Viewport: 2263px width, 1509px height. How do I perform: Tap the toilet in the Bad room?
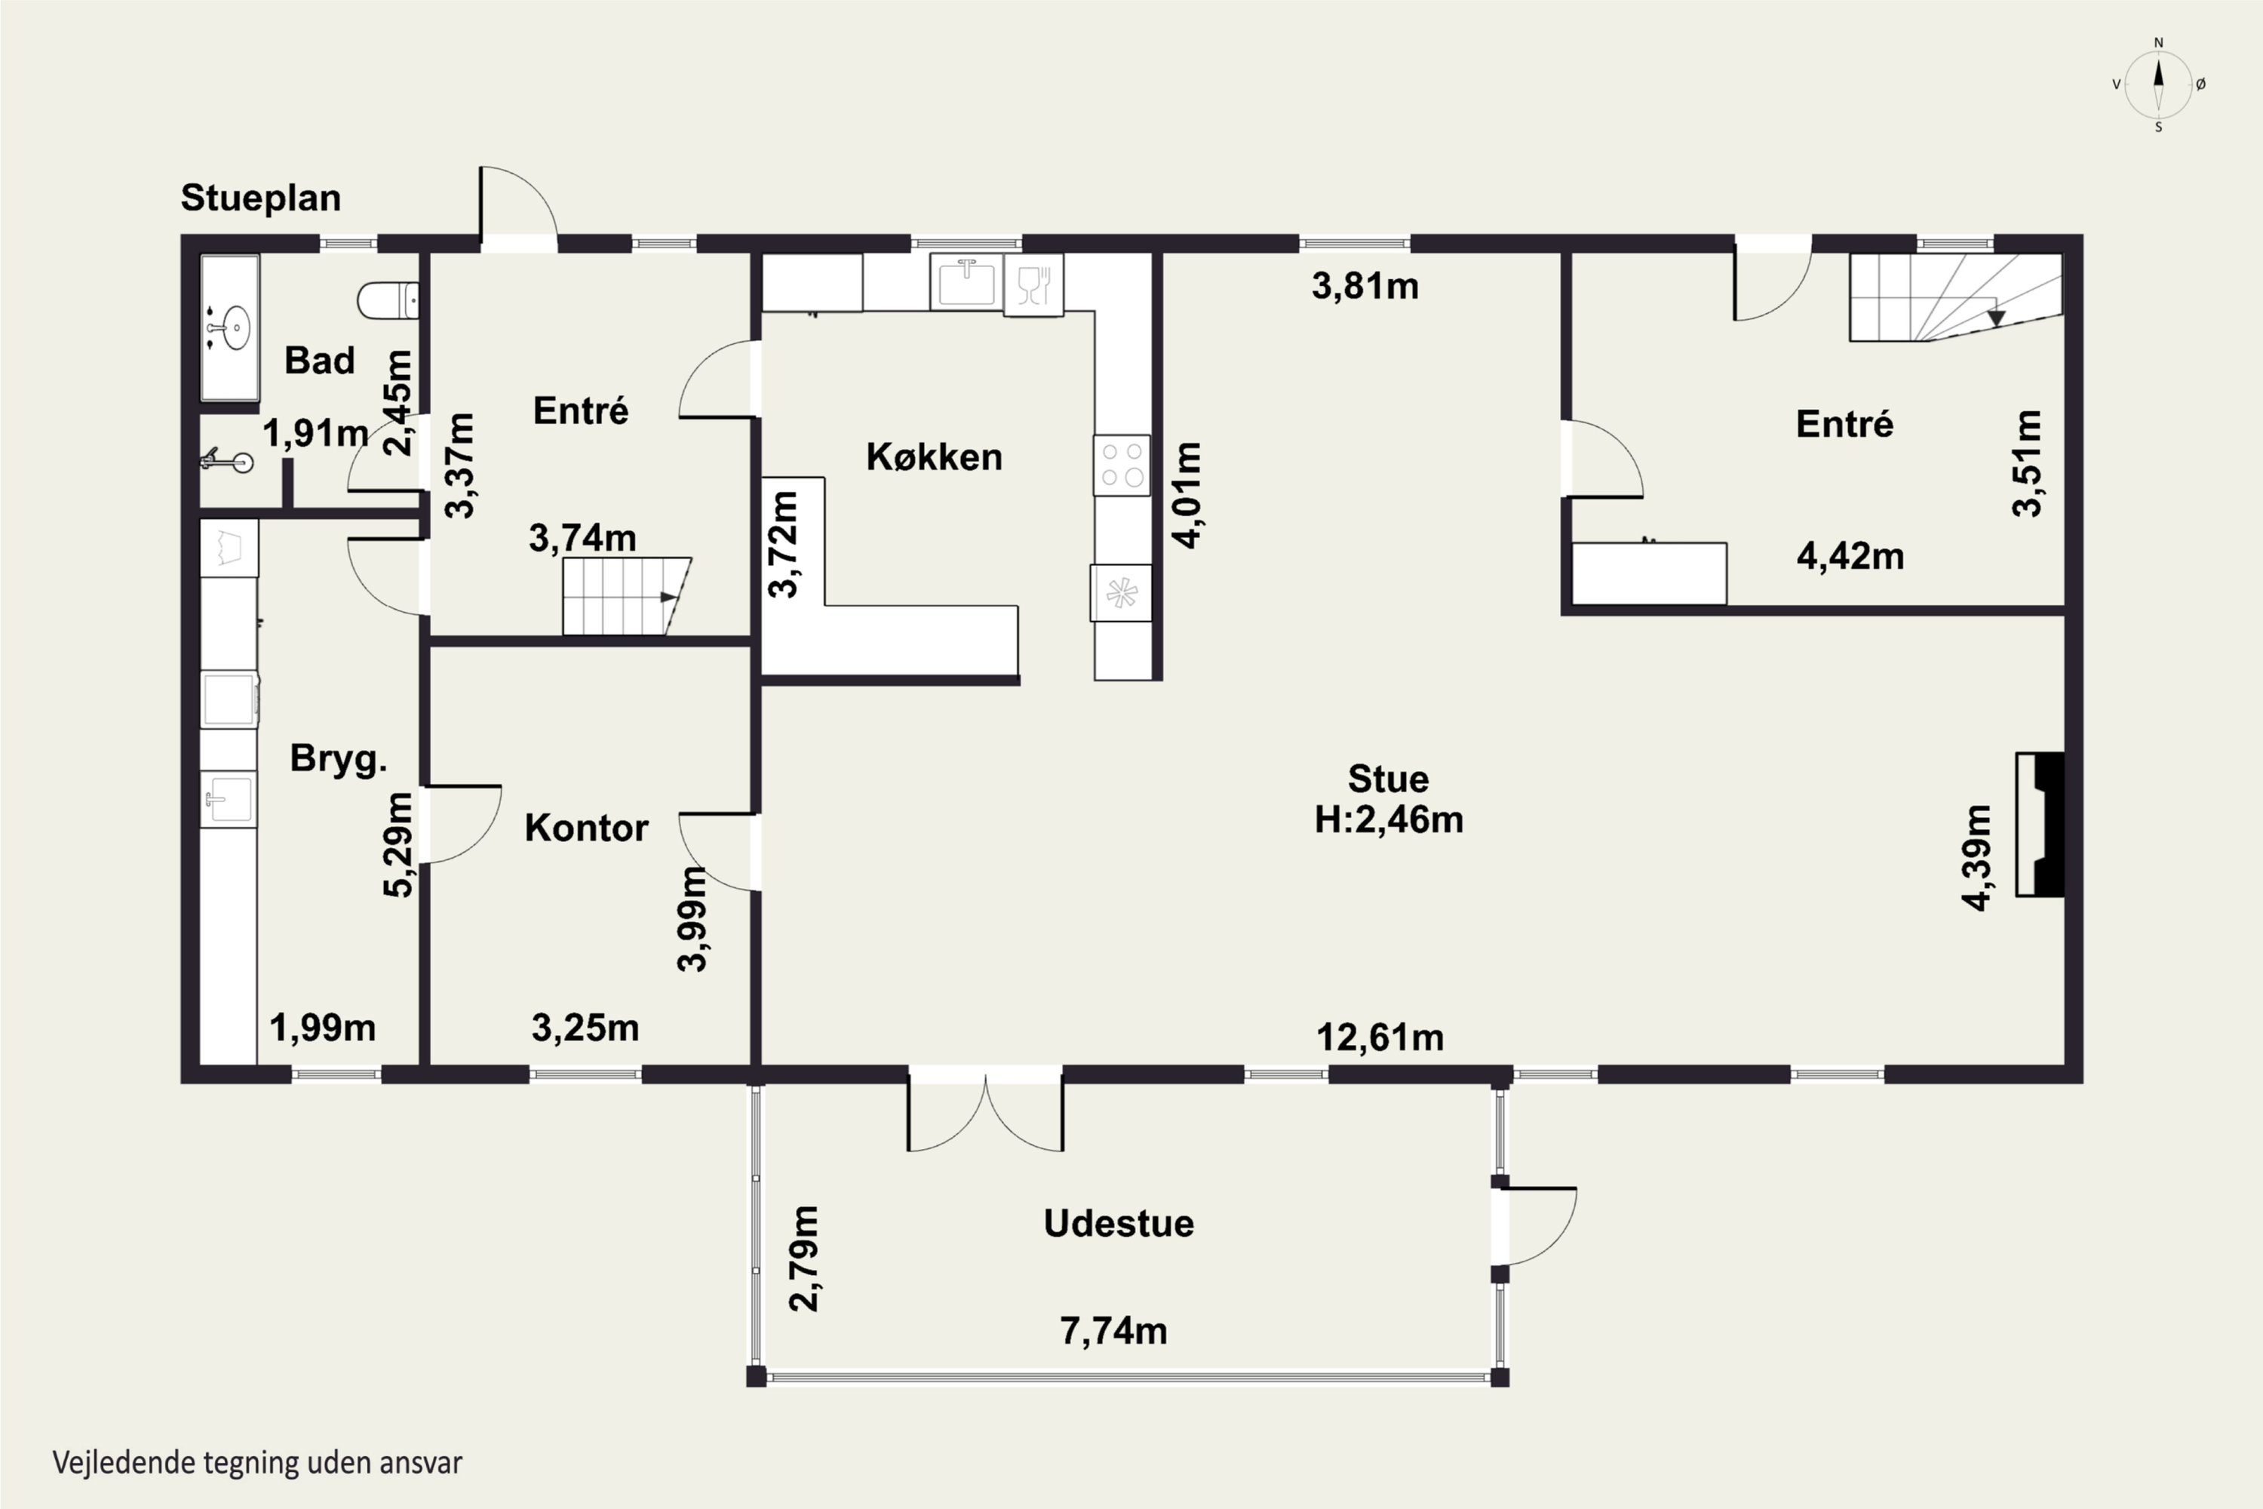coord(388,301)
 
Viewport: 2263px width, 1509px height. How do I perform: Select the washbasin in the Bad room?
coord(231,327)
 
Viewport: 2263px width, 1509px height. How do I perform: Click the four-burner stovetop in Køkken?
coord(1122,465)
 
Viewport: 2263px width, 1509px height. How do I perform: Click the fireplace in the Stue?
coord(2040,825)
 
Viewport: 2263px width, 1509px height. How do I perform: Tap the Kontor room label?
coord(586,828)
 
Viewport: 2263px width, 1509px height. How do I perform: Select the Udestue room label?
coord(1119,1223)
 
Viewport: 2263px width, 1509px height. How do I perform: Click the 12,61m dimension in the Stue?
coord(1380,1037)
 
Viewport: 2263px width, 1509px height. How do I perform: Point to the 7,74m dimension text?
coord(1113,1331)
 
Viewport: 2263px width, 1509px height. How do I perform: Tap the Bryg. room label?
coord(339,759)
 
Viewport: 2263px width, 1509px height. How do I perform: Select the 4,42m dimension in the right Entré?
coord(1850,556)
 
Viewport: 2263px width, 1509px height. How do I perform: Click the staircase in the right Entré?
coord(1955,297)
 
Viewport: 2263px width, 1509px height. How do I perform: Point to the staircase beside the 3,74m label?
coord(626,596)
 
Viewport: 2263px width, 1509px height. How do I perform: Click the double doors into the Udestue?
coord(985,1112)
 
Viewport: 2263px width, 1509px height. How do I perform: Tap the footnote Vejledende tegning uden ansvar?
coord(257,1463)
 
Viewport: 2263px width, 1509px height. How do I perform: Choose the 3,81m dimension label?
coord(1365,286)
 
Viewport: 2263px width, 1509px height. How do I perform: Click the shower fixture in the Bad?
coord(227,461)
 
